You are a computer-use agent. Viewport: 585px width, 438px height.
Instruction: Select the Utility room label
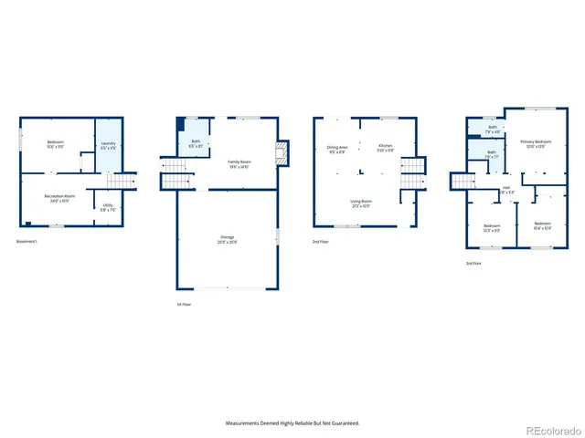click(108, 207)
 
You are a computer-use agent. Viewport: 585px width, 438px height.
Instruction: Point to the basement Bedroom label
click(57, 144)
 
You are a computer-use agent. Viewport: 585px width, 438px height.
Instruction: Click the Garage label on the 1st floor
click(226, 240)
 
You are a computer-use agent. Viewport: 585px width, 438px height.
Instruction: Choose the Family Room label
click(240, 163)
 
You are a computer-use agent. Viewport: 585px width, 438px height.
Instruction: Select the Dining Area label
click(337, 149)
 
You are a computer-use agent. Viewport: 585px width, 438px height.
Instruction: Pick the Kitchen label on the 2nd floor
click(385, 149)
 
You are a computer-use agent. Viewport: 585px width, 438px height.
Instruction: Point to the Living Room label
click(361, 203)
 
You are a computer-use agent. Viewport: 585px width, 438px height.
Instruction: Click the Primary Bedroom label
click(535, 144)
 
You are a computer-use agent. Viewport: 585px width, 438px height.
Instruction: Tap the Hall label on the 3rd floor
click(507, 192)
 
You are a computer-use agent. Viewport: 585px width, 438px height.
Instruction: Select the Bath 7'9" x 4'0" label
click(492, 129)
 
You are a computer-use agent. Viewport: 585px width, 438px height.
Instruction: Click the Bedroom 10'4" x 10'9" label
click(543, 225)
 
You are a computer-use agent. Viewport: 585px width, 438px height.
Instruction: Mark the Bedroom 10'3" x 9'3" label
click(490, 228)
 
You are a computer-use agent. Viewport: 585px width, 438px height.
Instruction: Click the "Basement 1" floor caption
click(27, 241)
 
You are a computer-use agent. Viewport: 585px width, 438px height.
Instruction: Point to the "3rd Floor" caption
click(473, 263)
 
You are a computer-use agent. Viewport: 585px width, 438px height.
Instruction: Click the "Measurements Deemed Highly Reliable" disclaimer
click(292, 422)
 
